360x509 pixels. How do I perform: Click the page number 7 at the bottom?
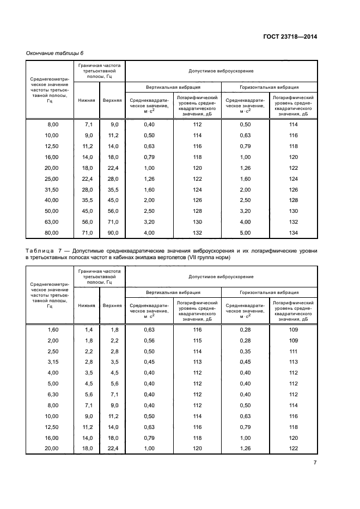pyautogui.click(x=315, y=463)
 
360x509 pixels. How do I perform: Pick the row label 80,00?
pyautogui.click(x=52, y=232)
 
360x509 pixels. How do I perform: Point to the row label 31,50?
pyautogui.click(x=52, y=189)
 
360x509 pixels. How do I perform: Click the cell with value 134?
pyautogui.click(x=294, y=232)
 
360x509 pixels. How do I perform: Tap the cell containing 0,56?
pyautogui.click(x=149, y=341)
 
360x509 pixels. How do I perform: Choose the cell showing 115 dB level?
pyautogui.click(x=197, y=341)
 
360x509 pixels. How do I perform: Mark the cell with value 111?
pyautogui.click(x=294, y=352)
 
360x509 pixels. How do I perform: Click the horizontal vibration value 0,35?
pyautogui.click(x=246, y=352)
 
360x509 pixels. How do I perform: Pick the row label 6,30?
pyautogui.click(x=52, y=395)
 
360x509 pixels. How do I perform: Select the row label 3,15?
pyautogui.click(x=52, y=363)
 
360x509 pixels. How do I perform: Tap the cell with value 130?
pyautogui.click(x=294, y=211)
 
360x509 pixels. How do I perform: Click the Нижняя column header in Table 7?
pyautogui.click(x=87, y=305)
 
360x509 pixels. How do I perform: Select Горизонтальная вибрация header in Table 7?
pyautogui.click(x=269, y=292)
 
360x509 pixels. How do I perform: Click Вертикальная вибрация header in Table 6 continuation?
pyautogui.click(x=173, y=87)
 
